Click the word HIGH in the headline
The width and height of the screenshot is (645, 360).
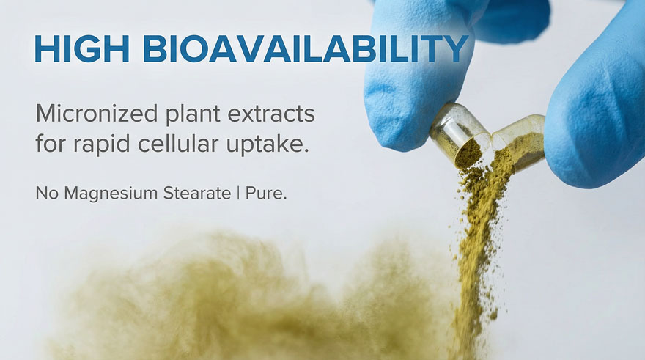pos(82,48)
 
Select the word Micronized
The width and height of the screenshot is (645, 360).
pos(97,113)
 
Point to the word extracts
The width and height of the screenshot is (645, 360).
pos(271,114)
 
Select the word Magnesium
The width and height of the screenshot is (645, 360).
pos(111,194)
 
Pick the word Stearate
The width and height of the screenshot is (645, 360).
pos(197,193)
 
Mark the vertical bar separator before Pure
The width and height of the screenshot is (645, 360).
pos(238,194)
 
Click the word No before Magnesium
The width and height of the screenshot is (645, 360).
pos(47,193)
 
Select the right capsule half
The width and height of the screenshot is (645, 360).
pos(519,141)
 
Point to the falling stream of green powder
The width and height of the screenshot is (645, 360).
pos(479,247)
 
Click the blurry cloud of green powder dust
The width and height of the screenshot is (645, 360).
pos(247,301)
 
